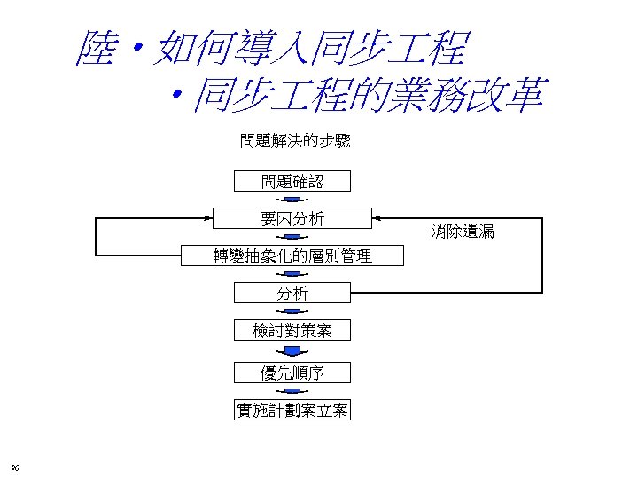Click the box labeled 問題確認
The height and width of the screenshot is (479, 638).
pyautogui.click(x=292, y=181)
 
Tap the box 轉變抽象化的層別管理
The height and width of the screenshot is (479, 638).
pyautogui.click(x=292, y=256)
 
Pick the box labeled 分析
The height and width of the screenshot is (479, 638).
pyautogui.click(x=292, y=294)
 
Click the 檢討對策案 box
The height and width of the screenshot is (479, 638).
pyautogui.click(x=292, y=331)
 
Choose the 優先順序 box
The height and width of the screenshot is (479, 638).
pyautogui.click(x=292, y=372)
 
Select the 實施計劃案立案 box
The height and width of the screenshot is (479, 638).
pyautogui.click(x=292, y=410)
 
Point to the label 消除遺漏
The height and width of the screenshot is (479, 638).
pyautogui.click(x=463, y=232)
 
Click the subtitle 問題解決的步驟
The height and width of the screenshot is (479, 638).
pyautogui.click(x=295, y=141)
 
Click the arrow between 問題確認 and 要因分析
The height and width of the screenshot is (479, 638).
pyautogui.click(x=292, y=200)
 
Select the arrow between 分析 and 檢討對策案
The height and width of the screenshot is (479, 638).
pyautogui.click(x=292, y=311)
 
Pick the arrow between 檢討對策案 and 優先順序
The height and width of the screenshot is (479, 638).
pyautogui.click(x=292, y=351)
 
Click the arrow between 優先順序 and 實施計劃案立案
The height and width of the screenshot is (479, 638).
pyautogui.click(x=292, y=391)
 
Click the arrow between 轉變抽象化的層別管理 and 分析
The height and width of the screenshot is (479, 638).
pyautogui.click(x=292, y=275)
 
